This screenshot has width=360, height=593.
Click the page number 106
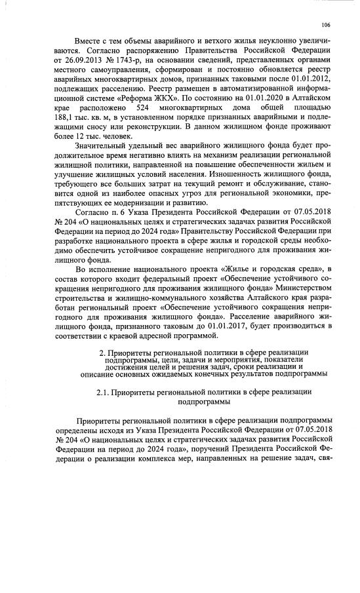click(325, 25)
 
